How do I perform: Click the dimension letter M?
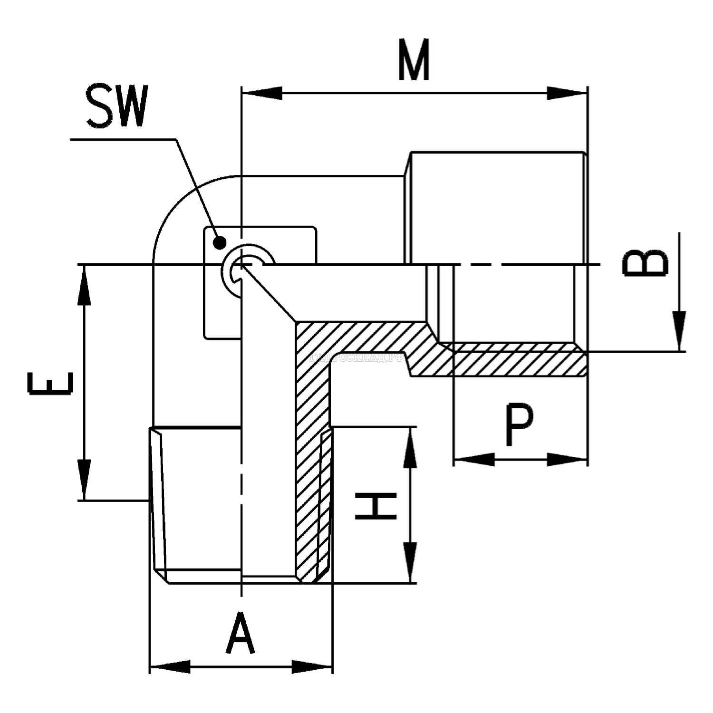pyautogui.click(x=414, y=60)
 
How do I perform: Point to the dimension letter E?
pyautogui.click(x=50, y=384)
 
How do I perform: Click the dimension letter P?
pyautogui.click(x=519, y=425)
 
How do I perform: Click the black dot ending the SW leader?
pyautogui.click(x=219, y=243)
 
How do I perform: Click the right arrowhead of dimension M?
pyautogui.click(x=568, y=93)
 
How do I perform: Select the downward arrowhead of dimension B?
pyautogui.click(x=679, y=331)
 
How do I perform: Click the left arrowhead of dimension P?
pyautogui.click(x=473, y=459)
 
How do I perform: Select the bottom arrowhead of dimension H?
pyautogui.click(x=410, y=563)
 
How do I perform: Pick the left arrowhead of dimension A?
pyautogui.click(x=170, y=666)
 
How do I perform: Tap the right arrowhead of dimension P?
pyautogui.click(x=568, y=459)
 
